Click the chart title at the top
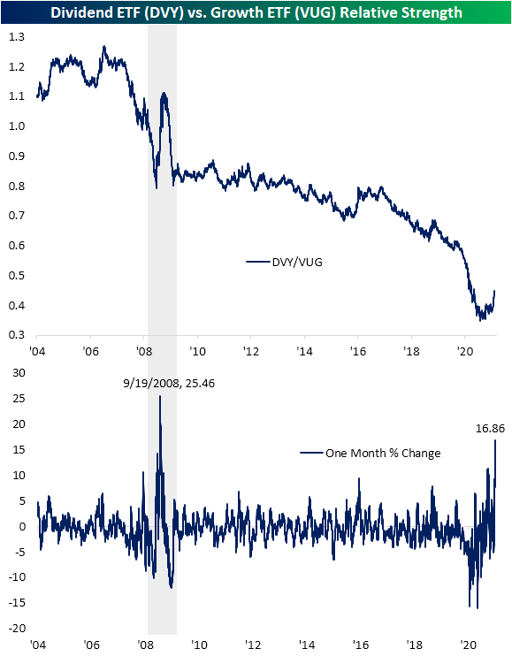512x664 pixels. click(x=256, y=12)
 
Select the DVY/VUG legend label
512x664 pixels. click(x=297, y=263)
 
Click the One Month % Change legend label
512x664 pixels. click(x=383, y=453)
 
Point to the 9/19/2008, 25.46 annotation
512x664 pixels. click(x=169, y=383)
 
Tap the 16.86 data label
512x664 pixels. click(x=490, y=429)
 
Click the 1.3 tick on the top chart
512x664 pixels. click(x=17, y=37)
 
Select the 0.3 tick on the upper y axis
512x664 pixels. click(x=17, y=335)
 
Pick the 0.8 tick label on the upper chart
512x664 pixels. click(x=17, y=186)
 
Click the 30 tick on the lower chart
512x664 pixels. click(x=19, y=372)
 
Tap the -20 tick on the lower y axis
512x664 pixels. click(x=17, y=628)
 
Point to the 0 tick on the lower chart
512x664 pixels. click(x=22, y=526)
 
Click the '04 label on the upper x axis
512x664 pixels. click(x=37, y=351)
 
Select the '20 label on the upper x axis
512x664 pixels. click(x=465, y=351)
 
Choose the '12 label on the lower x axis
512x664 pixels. click(x=253, y=645)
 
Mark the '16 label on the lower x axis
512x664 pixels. click(x=361, y=645)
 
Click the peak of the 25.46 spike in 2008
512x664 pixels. click(x=160, y=396)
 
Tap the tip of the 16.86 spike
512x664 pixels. click(x=495, y=440)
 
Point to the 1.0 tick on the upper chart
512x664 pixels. click(x=17, y=126)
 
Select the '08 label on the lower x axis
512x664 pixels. click(x=145, y=645)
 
